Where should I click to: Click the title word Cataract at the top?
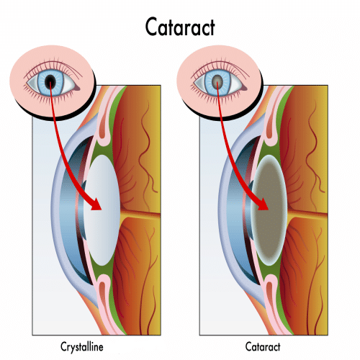[180, 27]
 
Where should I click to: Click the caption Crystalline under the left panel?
[82, 347]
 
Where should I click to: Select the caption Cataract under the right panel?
[263, 347]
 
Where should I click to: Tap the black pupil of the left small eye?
[50, 81]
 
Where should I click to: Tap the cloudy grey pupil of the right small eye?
[217, 80]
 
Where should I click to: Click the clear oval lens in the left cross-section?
[102, 210]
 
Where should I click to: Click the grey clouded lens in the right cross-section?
[269, 210]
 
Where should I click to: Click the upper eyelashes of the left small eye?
[52, 64]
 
